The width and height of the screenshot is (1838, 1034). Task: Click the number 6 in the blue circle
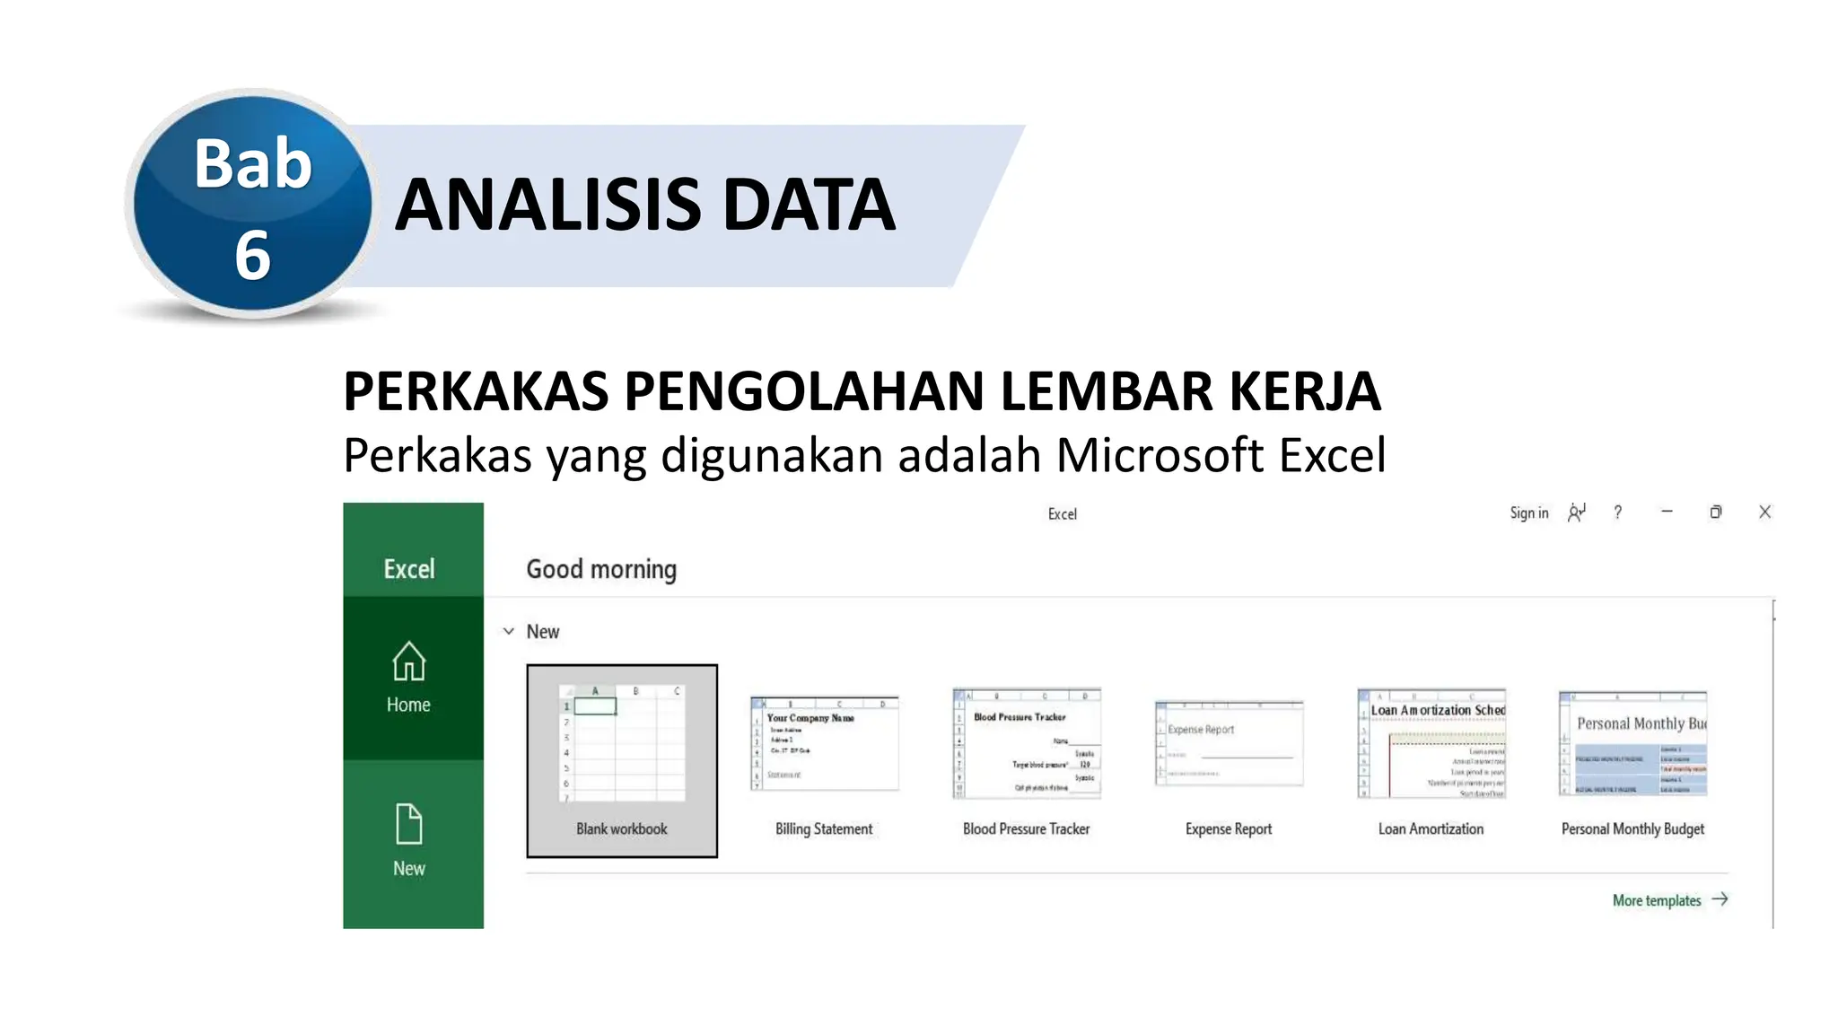click(x=252, y=255)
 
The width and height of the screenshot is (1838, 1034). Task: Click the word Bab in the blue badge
click(x=253, y=164)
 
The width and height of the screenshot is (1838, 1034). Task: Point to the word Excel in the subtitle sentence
click(x=1332, y=455)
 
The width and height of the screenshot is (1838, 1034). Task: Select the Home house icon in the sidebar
click(x=409, y=662)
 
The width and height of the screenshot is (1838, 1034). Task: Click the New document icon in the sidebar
click(x=409, y=824)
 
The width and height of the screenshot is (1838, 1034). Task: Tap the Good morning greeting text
click(x=601, y=569)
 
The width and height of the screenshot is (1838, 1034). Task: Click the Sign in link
click(x=1528, y=513)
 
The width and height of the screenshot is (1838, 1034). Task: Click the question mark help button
click(x=1617, y=513)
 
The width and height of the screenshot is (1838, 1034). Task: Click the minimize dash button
click(x=1667, y=512)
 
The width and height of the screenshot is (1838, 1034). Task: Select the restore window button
click(x=1715, y=512)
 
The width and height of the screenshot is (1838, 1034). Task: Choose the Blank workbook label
click(x=622, y=828)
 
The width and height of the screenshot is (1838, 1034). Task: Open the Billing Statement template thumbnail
click(x=824, y=744)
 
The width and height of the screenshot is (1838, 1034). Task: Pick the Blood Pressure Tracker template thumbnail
click(x=1027, y=743)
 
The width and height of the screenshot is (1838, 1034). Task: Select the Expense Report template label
click(x=1229, y=828)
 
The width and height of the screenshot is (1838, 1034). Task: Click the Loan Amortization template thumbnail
click(x=1431, y=743)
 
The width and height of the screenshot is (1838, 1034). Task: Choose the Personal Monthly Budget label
click(x=1632, y=828)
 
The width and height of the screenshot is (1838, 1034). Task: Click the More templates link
click(x=1657, y=900)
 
